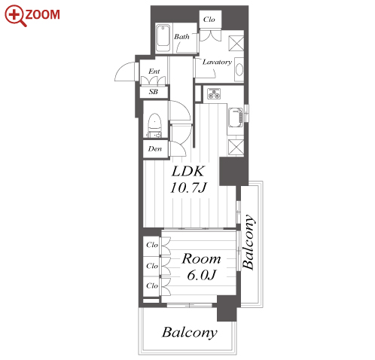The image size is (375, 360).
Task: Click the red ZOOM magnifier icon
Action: coord(15,16)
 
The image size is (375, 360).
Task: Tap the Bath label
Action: coord(181,37)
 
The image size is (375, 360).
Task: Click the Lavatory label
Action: coord(217,62)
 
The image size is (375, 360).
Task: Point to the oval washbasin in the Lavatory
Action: coord(239,69)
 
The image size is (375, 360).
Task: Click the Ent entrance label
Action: coord(154,72)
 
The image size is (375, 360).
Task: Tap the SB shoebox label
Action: coord(154,92)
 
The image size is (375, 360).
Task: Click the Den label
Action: coord(155,149)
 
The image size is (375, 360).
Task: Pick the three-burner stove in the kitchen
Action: coord(214,94)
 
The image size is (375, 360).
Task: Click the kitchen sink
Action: coord(236,117)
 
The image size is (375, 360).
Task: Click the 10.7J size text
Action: coord(188,188)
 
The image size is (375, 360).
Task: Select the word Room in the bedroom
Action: coord(201,259)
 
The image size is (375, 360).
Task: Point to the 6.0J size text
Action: coord(201,275)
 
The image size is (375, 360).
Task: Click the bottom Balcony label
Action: coord(190,332)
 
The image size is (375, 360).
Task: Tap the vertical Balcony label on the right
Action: coord(248,242)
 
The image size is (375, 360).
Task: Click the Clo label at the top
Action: coord(209,20)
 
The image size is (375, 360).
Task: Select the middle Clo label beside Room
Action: coord(152,266)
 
